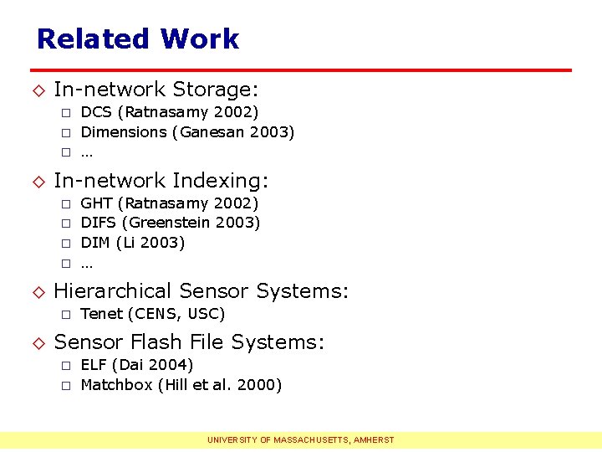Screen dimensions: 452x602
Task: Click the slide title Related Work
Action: (138, 39)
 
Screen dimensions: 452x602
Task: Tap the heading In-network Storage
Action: (155, 90)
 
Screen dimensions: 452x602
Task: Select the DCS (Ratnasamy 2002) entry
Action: (169, 112)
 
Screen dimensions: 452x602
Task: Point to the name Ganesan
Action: (212, 132)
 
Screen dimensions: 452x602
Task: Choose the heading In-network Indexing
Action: (161, 181)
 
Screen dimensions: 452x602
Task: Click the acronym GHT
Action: (96, 203)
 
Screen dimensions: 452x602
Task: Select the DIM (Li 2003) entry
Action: (132, 243)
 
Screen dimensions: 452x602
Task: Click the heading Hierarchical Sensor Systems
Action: (201, 291)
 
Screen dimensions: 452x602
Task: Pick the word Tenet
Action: (102, 314)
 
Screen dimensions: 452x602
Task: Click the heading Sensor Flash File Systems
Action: (189, 342)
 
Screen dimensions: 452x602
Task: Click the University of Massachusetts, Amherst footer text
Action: (301, 440)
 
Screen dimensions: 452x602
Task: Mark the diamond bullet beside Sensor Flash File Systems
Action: (38, 342)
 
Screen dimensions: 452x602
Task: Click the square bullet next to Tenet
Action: (64, 315)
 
